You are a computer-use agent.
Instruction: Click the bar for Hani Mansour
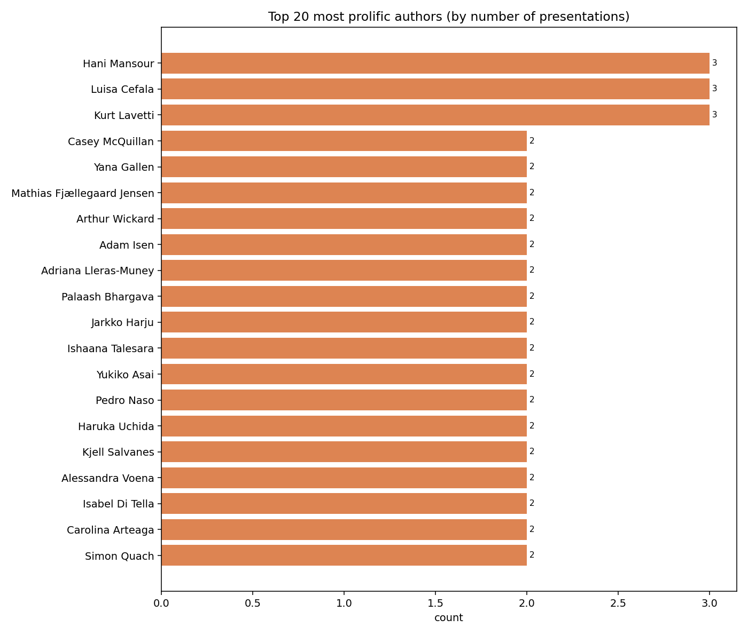point(435,63)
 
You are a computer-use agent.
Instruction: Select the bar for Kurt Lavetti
point(435,115)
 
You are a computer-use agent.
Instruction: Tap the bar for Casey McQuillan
point(344,141)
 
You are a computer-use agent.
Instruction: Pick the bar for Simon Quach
point(344,555)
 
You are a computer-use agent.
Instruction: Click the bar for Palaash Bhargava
point(344,296)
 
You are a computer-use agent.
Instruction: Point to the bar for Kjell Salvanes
point(344,452)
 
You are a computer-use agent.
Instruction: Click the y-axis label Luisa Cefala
point(122,90)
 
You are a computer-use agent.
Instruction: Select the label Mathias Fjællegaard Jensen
point(83,193)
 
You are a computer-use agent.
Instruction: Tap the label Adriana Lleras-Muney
point(97,271)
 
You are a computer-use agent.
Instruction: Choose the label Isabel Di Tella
point(118,504)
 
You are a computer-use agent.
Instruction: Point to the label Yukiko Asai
point(125,375)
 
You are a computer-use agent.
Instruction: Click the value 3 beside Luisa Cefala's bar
point(714,89)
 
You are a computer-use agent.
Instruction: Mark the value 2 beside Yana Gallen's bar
point(532,166)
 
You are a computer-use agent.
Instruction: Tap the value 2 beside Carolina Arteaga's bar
point(532,529)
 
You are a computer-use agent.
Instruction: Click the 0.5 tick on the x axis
point(253,604)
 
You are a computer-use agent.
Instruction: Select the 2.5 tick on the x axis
point(618,604)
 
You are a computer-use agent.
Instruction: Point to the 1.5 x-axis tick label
point(435,604)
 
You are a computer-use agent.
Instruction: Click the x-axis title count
point(448,618)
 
